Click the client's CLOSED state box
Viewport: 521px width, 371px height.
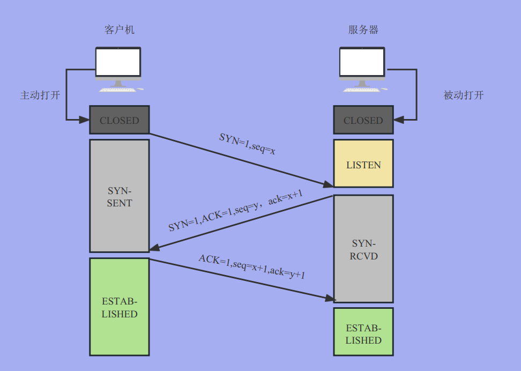119,120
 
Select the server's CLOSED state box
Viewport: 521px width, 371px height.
363,120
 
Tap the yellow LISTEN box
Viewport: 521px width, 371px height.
363,164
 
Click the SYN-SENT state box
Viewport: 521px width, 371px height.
119,196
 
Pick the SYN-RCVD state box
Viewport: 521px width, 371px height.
363,249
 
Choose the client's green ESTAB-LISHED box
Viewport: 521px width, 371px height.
119,307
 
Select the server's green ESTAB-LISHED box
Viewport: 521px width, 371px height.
363,332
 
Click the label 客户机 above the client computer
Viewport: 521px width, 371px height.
119,30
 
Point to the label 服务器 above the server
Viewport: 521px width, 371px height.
363,30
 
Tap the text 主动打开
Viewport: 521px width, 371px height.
40,95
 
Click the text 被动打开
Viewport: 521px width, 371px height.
464,95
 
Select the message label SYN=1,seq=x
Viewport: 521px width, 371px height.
248,144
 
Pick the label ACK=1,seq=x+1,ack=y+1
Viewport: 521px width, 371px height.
252,266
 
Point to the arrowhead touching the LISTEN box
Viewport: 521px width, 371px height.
328,184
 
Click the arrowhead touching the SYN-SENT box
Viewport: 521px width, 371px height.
155,248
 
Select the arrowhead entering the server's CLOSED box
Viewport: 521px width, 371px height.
398,118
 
